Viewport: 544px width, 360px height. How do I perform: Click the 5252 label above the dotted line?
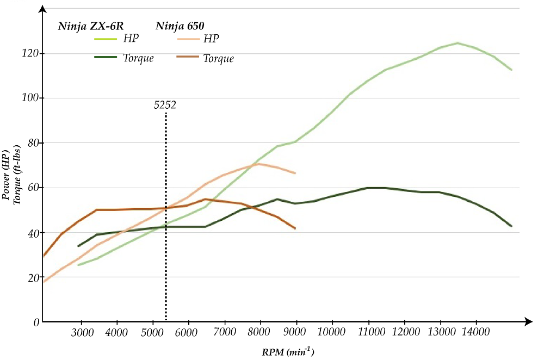tap(165, 105)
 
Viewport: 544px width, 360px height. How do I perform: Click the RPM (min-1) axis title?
tap(288, 352)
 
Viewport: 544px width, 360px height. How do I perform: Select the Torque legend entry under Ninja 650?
tap(218, 58)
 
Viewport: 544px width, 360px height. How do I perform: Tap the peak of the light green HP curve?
tap(458, 43)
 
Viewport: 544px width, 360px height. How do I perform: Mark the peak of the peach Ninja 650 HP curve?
tap(259, 164)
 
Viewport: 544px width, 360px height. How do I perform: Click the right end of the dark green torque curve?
tap(511, 226)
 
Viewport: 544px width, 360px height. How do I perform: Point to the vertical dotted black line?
tap(165, 218)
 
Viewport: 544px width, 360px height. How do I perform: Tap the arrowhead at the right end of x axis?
tap(528, 322)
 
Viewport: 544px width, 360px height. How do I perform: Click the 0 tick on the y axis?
tap(36, 322)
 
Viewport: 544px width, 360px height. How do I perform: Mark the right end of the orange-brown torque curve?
tap(295, 228)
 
